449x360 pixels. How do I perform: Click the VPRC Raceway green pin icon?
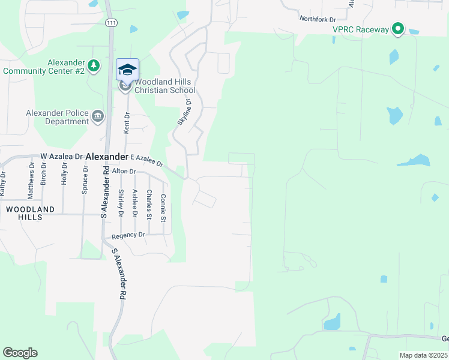397,29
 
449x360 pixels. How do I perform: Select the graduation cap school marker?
127,69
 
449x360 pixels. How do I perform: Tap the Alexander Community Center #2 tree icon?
93,64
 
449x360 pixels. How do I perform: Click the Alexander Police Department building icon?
98,115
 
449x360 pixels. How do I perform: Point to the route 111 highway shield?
110,23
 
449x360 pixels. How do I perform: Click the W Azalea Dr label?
61,156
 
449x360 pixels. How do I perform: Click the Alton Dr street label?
125,171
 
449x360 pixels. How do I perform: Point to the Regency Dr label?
129,235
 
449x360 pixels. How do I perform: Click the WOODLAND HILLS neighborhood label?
30,213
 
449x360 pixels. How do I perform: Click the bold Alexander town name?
107,156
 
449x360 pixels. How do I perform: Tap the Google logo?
20,353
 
